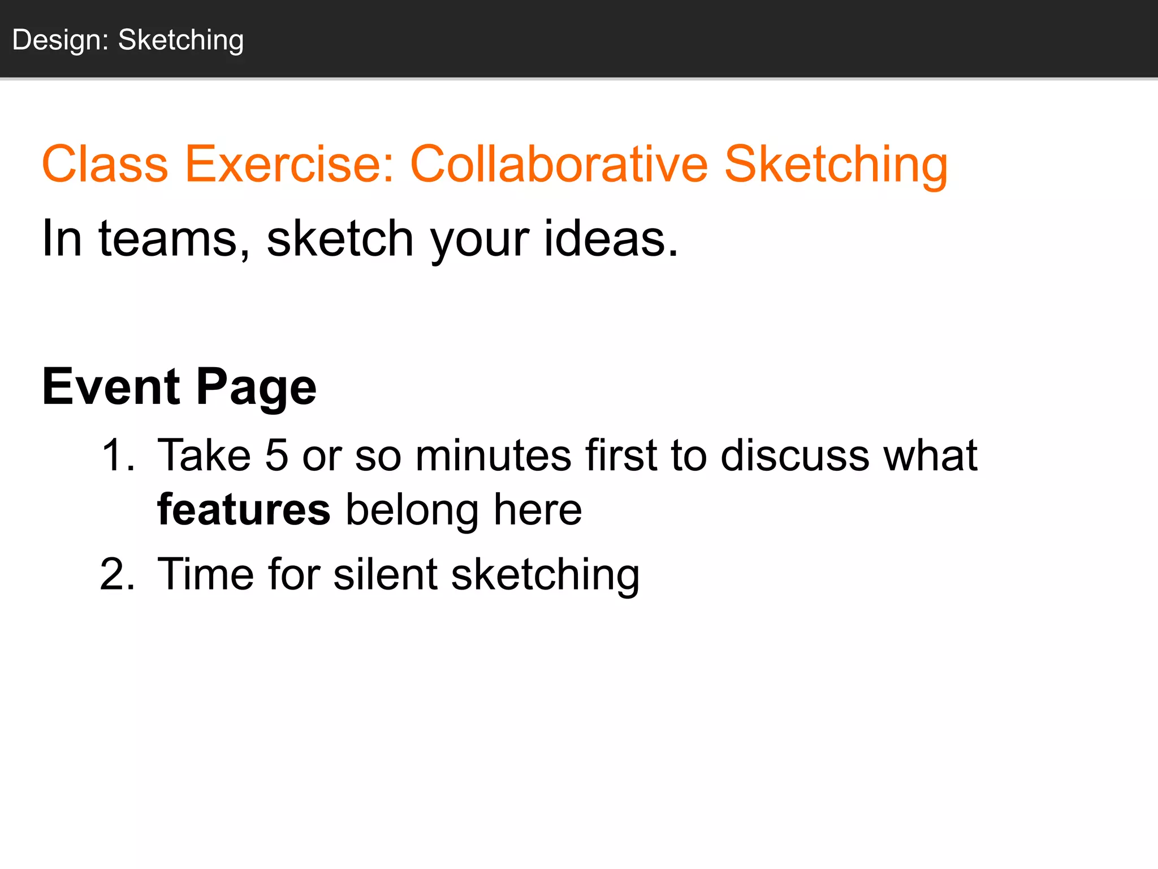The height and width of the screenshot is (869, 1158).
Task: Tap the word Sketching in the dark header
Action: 181,41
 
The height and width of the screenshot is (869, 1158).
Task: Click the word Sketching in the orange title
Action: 836,165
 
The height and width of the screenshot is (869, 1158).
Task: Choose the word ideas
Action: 611,239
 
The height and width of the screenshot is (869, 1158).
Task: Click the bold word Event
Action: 111,387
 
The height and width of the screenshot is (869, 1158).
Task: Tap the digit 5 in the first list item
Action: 276,455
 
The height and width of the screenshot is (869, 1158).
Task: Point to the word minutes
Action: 493,455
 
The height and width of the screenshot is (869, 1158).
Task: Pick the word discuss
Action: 794,455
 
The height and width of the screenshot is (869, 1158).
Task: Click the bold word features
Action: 244,510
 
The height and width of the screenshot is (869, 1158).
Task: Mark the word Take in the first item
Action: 204,455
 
